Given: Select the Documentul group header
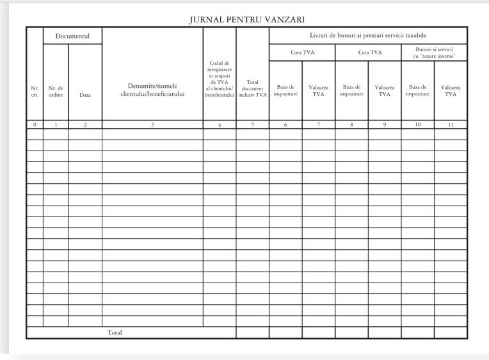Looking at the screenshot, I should [72, 36].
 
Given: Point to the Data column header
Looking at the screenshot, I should [84, 95].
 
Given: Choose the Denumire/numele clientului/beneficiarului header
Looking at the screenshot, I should [152, 91].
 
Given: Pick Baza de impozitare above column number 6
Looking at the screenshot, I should [285, 91].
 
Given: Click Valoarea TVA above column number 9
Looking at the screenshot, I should [384, 91].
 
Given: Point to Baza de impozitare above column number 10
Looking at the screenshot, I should [417, 91].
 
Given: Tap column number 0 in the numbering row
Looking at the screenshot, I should [35, 125].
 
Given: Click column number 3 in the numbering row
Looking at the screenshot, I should [152, 125].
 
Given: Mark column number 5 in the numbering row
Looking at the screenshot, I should [252, 125].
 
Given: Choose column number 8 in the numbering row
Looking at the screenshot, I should [351, 125].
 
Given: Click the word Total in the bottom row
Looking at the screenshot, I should [115, 332].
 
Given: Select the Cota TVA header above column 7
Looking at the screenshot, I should [302, 53].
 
